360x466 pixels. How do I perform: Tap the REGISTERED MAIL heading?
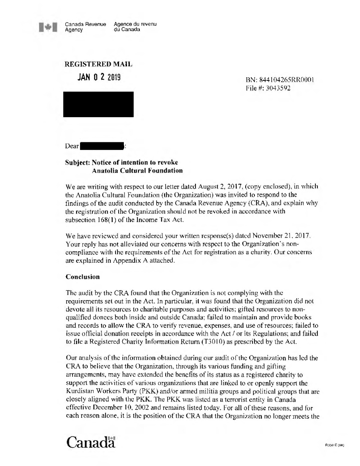98,64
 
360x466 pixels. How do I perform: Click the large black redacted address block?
98,104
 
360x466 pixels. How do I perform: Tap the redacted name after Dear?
102,146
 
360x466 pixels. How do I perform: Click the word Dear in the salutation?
72,146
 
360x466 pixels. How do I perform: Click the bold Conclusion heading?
82,277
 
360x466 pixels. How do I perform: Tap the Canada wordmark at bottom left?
91,442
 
